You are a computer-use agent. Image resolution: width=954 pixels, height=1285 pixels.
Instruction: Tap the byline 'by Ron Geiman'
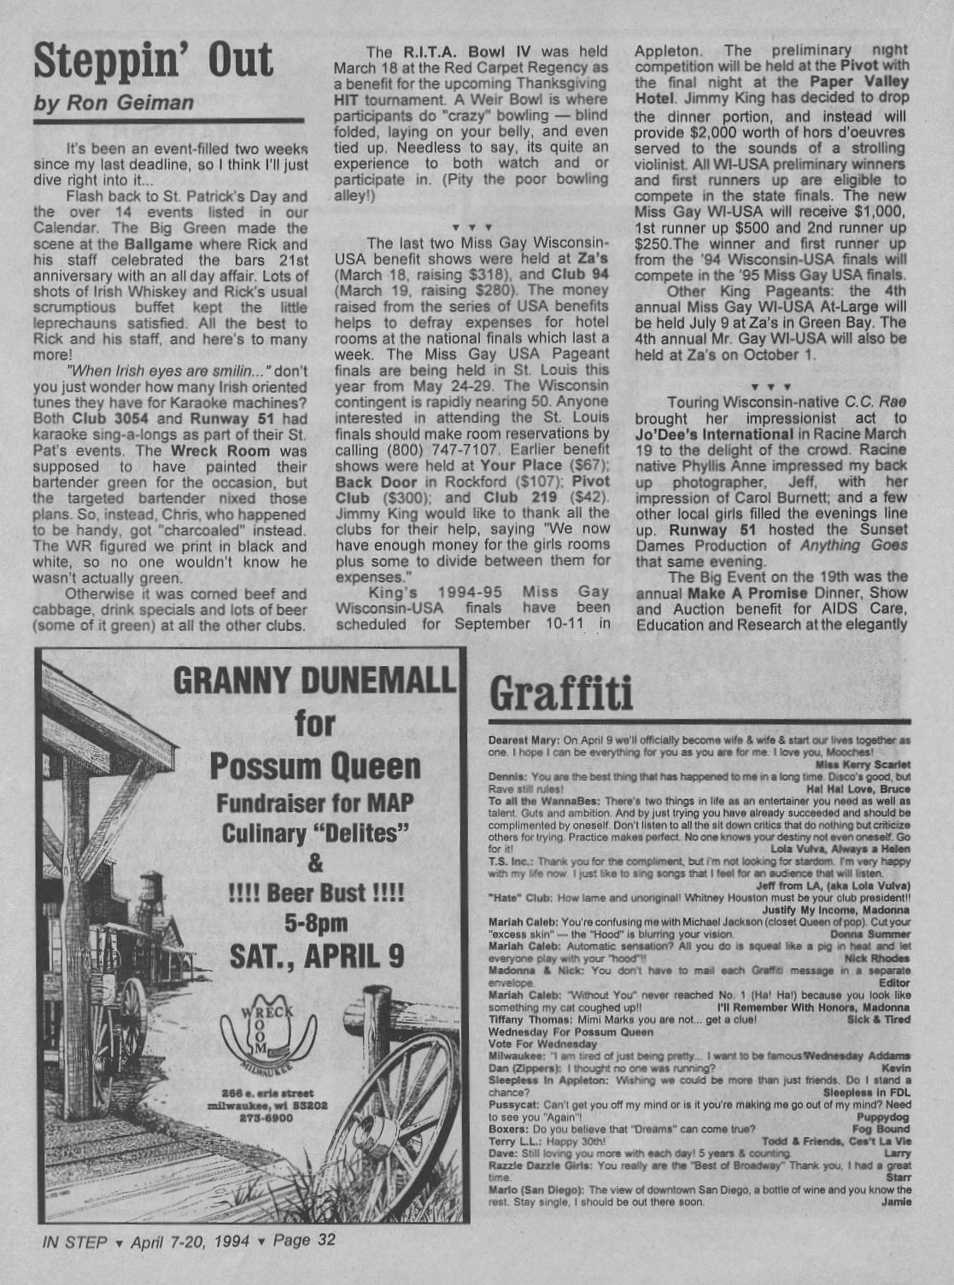click(x=114, y=103)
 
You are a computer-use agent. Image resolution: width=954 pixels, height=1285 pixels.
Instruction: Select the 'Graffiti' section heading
click(x=561, y=693)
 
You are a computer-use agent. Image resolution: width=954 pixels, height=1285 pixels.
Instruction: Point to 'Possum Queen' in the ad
click(x=315, y=766)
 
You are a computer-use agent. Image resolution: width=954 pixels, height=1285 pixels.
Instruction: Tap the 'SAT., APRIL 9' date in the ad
click(x=317, y=955)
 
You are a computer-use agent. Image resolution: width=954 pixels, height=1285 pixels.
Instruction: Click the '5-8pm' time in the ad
click(x=316, y=923)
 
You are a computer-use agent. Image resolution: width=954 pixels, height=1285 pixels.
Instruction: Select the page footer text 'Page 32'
click(x=304, y=1241)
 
